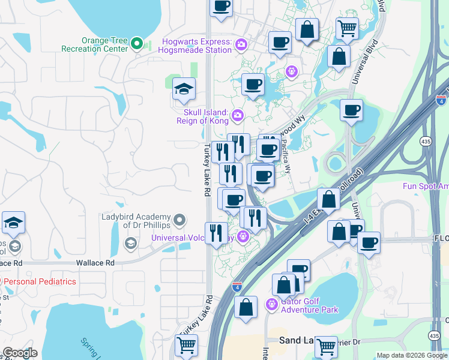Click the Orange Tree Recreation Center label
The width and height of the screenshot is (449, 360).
click(x=105, y=44)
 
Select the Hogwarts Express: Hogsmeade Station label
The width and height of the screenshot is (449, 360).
click(x=197, y=46)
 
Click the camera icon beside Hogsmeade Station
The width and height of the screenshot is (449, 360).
click(x=241, y=44)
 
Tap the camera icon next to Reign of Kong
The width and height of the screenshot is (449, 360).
click(x=238, y=115)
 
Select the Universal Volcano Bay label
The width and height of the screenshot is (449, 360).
click(x=193, y=238)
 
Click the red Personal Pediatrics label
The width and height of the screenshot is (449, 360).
click(x=41, y=281)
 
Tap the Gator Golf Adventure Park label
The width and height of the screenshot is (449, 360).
click(x=309, y=305)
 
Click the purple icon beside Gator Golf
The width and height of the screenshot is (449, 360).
click(x=272, y=304)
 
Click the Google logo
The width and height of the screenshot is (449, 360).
click(x=20, y=353)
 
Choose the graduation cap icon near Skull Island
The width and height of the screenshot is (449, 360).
click(x=184, y=90)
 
